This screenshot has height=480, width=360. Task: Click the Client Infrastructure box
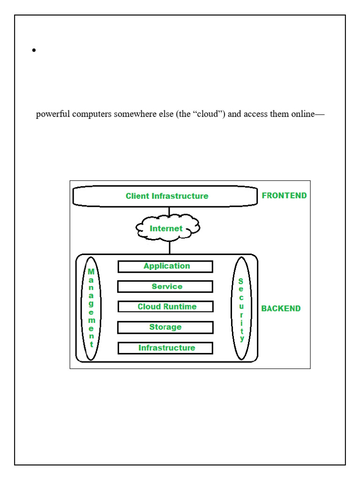(x=165, y=196)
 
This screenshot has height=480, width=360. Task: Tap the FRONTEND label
(x=284, y=195)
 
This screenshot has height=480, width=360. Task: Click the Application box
(x=165, y=266)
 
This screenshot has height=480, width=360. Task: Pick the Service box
(x=165, y=286)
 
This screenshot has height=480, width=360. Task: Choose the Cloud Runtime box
(x=165, y=307)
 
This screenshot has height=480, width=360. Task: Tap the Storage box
(x=165, y=327)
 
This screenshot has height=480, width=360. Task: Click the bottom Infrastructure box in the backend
(x=165, y=348)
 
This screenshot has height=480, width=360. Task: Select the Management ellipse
(x=91, y=308)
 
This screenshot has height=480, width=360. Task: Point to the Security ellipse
(x=241, y=308)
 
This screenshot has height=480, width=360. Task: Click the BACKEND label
(x=281, y=308)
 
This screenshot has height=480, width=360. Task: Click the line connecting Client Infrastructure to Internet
(x=169, y=211)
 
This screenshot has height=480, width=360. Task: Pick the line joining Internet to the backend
(x=169, y=247)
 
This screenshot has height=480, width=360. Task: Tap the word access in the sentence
(x=255, y=114)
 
